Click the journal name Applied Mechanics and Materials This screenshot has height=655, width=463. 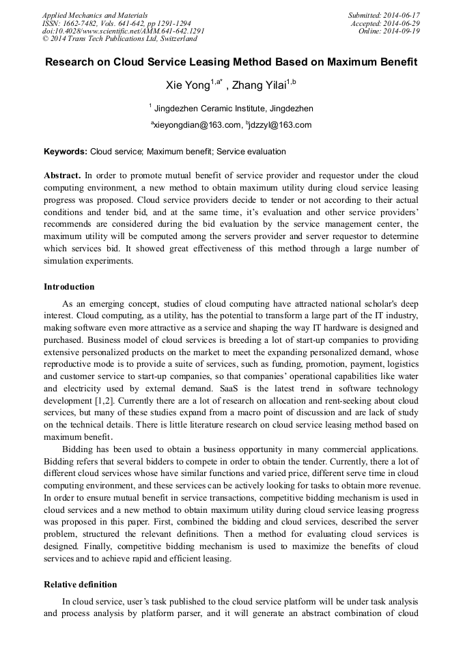tap(94, 14)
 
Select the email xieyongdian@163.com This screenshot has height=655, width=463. tap(197, 125)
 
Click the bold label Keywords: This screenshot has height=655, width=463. tap(66, 152)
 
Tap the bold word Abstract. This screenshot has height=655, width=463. tap(63, 175)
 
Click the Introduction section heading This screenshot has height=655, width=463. tap(69, 286)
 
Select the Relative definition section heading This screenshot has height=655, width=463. tap(80, 585)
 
